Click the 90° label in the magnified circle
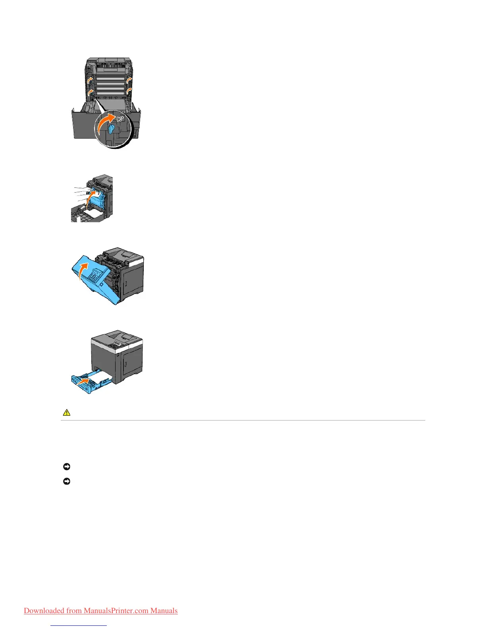tap(120, 119)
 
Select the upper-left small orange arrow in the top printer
tap(90, 81)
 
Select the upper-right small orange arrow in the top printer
tap(129, 81)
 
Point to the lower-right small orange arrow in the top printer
tap(129, 92)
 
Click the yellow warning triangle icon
tap(67, 413)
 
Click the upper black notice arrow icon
tap(67, 467)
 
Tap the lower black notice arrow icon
tap(67, 481)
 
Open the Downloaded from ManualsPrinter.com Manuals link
tap(100, 611)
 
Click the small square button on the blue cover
tap(101, 285)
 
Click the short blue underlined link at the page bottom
tap(79, 626)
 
